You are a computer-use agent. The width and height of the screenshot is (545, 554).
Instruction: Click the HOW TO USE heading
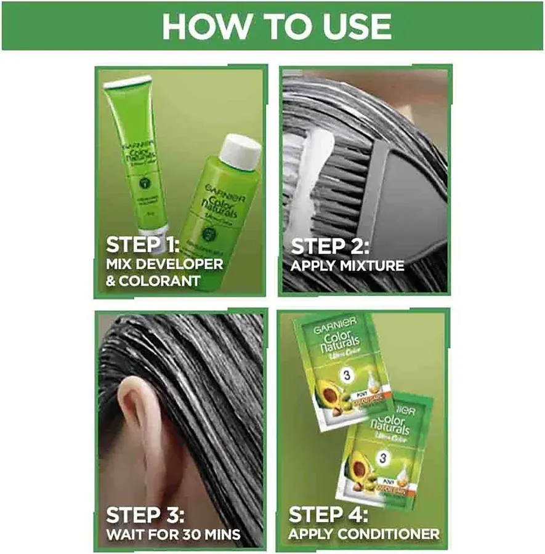click(277, 26)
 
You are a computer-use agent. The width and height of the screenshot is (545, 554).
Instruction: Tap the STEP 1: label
click(142, 245)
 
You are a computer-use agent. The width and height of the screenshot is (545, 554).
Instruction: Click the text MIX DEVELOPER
click(164, 265)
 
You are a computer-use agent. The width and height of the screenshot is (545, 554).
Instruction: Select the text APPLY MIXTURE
click(347, 266)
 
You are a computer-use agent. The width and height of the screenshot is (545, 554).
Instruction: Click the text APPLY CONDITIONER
click(364, 533)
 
